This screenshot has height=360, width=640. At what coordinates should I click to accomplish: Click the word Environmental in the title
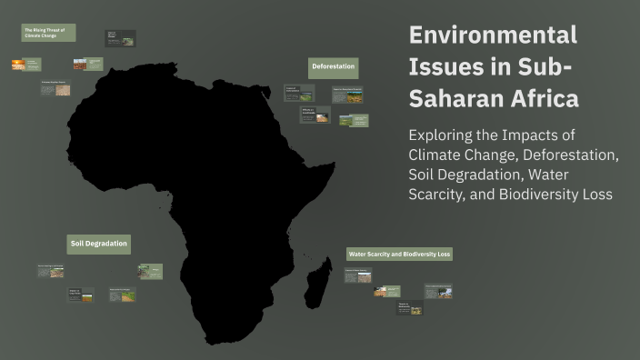click(493, 35)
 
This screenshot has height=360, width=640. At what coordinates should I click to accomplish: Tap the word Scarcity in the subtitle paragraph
click(442, 194)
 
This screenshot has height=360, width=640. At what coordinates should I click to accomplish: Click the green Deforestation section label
click(334, 68)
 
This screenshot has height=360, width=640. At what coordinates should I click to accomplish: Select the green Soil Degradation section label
click(99, 244)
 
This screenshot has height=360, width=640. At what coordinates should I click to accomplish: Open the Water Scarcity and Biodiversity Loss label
click(399, 254)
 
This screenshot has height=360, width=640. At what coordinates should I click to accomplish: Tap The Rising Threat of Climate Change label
click(48, 33)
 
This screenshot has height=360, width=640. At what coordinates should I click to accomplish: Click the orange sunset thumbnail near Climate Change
click(18, 65)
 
